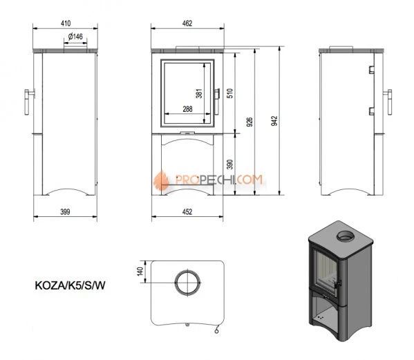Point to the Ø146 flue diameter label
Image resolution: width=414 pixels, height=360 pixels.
coord(75,37)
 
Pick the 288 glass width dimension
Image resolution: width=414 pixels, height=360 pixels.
coord(187,108)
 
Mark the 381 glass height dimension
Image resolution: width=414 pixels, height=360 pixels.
coord(198,93)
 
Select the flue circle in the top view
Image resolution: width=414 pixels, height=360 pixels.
coord(188,283)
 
